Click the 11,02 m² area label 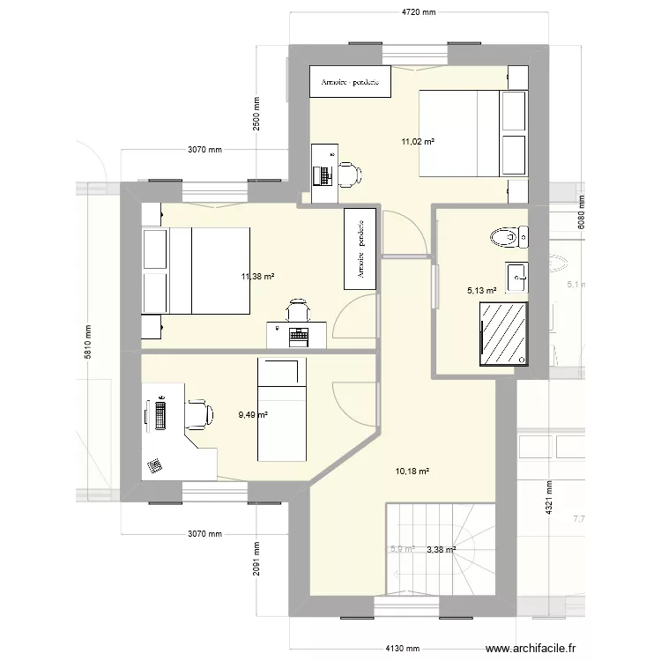click(419, 141)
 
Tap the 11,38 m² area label click(257, 276)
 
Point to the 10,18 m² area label click(412, 472)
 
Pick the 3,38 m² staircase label click(441, 550)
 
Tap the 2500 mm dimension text click(256, 115)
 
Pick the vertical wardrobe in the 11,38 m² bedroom click(360, 248)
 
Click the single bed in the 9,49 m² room click(281, 409)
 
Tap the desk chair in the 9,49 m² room click(198, 412)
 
